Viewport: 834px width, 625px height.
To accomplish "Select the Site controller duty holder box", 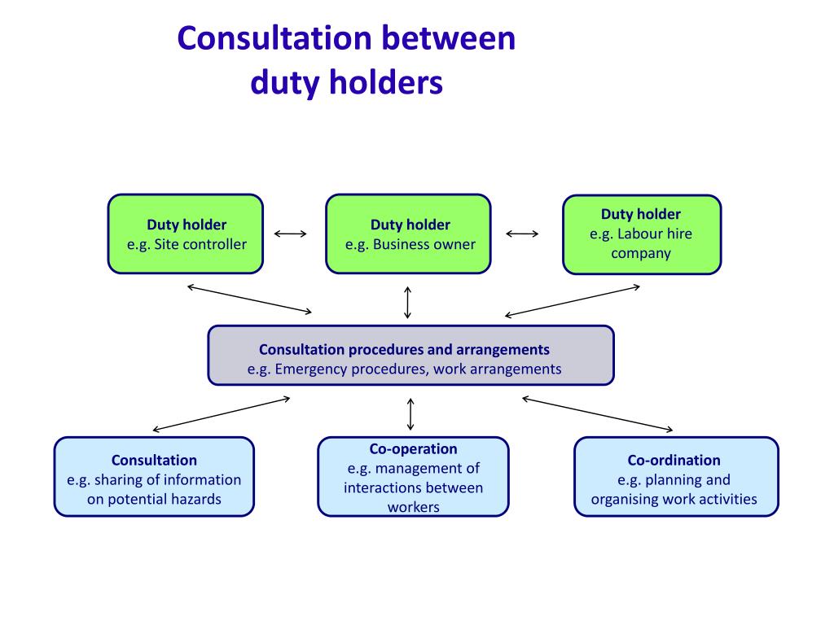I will point(186,234).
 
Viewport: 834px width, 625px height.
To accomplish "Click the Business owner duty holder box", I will point(409,234).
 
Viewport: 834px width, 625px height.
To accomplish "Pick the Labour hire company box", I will point(642,234).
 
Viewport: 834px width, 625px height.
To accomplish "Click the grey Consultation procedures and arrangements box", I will point(410,355).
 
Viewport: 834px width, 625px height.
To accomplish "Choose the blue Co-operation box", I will point(413,477).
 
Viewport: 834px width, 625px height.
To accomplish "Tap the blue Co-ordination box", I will point(676,477).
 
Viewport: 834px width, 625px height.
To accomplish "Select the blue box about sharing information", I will point(154,477).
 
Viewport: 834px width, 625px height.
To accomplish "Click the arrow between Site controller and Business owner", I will point(291,234).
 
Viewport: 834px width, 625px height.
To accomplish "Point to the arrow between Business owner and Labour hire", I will point(522,234).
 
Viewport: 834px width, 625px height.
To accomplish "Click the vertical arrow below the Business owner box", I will point(408,302).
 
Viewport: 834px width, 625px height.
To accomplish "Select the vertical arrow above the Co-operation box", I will point(410,414).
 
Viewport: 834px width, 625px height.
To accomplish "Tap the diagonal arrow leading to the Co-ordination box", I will point(597,413).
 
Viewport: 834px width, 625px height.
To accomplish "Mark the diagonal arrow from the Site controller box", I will point(249,299).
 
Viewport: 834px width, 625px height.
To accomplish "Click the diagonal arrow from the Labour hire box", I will point(573,300).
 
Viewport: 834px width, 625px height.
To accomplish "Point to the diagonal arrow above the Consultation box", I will point(222,413).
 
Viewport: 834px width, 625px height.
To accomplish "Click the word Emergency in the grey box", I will point(311,369).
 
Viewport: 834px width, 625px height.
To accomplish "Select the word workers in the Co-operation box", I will point(413,507).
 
